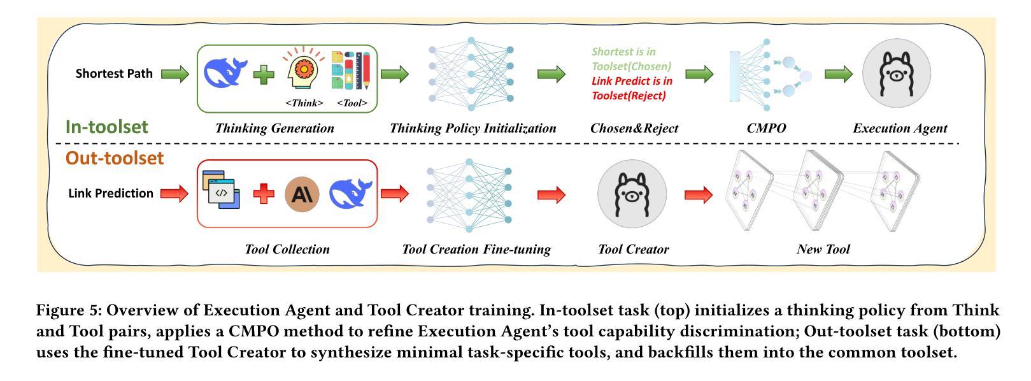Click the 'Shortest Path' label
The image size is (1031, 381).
click(x=114, y=73)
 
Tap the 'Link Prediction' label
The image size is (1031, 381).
click(x=111, y=193)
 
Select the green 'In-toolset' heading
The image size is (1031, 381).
click(x=106, y=126)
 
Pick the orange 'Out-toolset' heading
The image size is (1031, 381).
click(x=115, y=158)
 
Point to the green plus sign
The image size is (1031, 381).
click(x=264, y=75)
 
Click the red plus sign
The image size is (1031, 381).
click(x=264, y=194)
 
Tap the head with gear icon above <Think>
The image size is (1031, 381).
click(x=304, y=73)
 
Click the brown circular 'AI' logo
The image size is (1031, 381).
click(x=301, y=194)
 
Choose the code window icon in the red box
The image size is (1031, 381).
click(x=221, y=190)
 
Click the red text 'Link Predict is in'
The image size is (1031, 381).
click(x=632, y=81)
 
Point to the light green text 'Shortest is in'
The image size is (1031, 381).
click(x=623, y=52)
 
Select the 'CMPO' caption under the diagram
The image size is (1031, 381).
click(x=766, y=128)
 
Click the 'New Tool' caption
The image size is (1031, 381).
click(x=823, y=249)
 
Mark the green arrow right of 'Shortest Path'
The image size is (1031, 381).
click(x=174, y=74)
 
